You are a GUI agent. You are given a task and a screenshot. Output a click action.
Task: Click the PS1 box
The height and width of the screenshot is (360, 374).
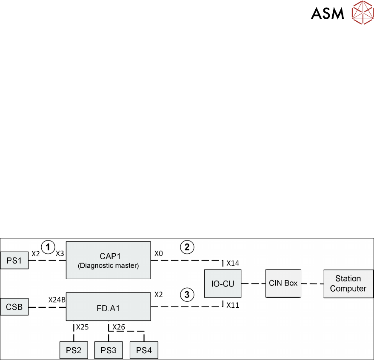click(x=14, y=260)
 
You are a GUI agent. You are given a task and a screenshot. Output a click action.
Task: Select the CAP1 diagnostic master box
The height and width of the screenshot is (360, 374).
click(x=108, y=260)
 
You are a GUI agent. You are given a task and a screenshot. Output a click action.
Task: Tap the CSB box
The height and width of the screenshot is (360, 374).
click(x=14, y=306)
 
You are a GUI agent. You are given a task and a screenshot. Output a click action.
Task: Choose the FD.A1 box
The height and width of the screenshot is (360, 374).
click(x=108, y=306)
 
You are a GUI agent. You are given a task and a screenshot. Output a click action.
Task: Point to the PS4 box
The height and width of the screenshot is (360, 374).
click(x=144, y=351)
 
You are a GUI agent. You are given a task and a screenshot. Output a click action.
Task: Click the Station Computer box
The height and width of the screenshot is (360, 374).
click(x=348, y=283)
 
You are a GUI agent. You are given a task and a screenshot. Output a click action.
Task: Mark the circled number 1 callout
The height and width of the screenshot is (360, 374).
click(x=49, y=247)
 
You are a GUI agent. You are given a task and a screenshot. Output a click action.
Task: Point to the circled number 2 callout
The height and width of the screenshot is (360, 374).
click(x=186, y=247)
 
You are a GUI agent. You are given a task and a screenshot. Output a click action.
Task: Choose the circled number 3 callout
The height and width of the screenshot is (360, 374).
click(x=186, y=293)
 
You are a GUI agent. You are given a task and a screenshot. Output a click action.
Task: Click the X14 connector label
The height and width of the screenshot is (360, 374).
click(x=233, y=264)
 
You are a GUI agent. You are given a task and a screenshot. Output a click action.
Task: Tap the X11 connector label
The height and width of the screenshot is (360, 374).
click(x=233, y=304)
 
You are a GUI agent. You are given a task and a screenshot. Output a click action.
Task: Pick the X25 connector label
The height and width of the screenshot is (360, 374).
click(x=83, y=327)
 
